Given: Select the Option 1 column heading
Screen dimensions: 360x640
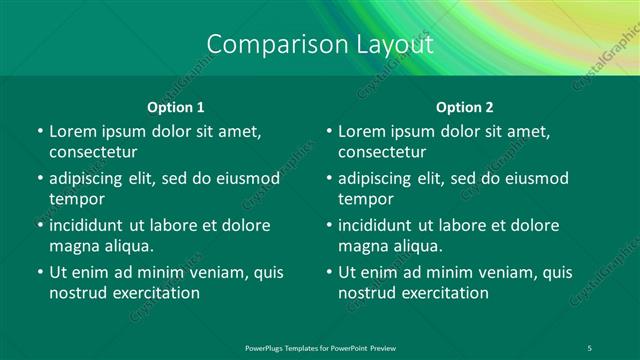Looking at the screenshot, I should click(176, 107).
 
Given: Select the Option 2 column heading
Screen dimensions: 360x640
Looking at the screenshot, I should click(465, 107).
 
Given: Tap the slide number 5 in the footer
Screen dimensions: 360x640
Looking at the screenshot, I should click(590, 347).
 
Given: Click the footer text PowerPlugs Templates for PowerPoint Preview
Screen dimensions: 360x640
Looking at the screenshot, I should click(320, 347).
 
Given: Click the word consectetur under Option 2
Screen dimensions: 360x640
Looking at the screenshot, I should click(383, 152).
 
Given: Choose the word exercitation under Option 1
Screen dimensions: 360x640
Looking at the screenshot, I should click(155, 293).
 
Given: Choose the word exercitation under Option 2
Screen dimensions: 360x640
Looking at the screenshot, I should click(445, 293).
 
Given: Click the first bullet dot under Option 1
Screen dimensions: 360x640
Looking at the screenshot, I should click(39, 131).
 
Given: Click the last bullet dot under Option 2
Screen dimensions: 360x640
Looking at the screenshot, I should click(329, 272).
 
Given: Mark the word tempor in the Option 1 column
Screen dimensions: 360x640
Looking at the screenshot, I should click(74, 199).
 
